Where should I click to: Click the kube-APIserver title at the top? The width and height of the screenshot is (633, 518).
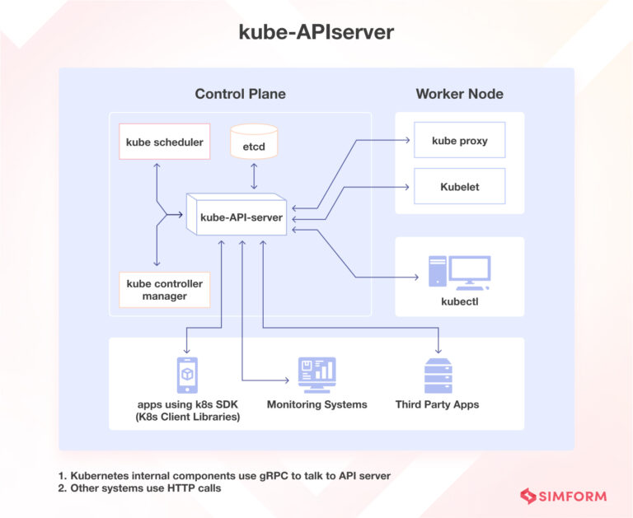coord(316,31)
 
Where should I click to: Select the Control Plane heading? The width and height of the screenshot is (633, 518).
coord(240,94)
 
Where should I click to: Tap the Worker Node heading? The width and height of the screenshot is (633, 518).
coord(459,94)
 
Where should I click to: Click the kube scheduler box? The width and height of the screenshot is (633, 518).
coord(165,142)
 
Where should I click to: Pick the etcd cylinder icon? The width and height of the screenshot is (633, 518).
coord(254,141)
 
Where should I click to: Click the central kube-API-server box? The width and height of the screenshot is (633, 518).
coord(241,217)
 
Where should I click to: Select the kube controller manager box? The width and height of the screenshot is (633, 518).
coord(164,289)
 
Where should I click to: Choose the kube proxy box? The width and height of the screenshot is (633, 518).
coord(459,141)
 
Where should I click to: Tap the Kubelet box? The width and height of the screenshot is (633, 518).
coord(459,187)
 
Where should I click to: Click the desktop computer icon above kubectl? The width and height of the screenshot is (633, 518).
coord(459,271)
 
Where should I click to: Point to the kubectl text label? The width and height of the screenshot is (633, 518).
coord(459,301)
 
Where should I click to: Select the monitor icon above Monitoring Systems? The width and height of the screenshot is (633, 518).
coord(316,376)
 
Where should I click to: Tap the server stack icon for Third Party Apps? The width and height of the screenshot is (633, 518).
coord(437,376)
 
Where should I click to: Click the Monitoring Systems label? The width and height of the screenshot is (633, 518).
coord(316,404)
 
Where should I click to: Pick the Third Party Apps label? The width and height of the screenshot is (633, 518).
coord(437,404)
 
